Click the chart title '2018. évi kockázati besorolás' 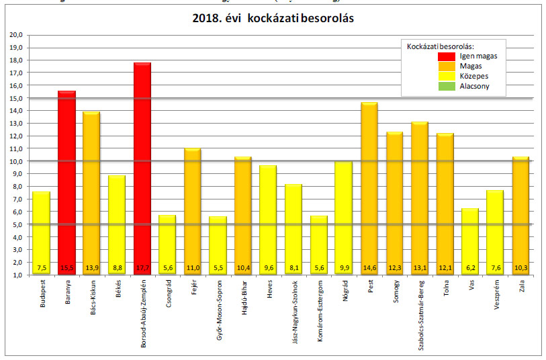pyautogui.click(x=273, y=19)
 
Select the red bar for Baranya pyautogui.click(x=66, y=181)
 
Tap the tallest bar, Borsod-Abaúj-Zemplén pyautogui.click(x=142, y=168)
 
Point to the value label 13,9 pyautogui.click(x=92, y=268)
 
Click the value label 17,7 pyautogui.click(x=142, y=268)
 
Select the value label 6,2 pyautogui.click(x=470, y=268)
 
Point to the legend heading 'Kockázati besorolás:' pyautogui.click(x=441, y=46)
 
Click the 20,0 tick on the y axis pyautogui.click(x=16, y=35)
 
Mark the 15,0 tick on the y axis pyautogui.click(x=16, y=98)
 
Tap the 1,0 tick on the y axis pyautogui.click(x=16, y=275)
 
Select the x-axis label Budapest pyautogui.click(x=42, y=298)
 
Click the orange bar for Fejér pyautogui.click(x=193, y=208)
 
